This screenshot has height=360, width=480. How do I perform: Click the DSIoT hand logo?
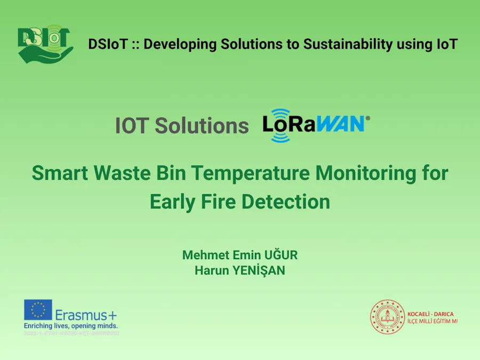tap(45, 44)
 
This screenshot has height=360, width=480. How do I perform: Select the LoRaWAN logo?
tap(314, 125)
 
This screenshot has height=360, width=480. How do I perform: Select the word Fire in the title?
tap(216, 202)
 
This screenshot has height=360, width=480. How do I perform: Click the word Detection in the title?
tap(285, 202)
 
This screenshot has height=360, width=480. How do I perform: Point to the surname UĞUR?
tap(279, 255)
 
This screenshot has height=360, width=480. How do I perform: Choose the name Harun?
tap(212, 270)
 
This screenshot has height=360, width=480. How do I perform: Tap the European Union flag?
tap(38, 310)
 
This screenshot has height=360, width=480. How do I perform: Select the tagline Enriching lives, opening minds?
tap(70, 325)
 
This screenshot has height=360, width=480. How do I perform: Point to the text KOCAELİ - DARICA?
tap(430, 314)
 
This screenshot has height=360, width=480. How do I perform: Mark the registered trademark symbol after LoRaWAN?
tap(367, 117)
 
